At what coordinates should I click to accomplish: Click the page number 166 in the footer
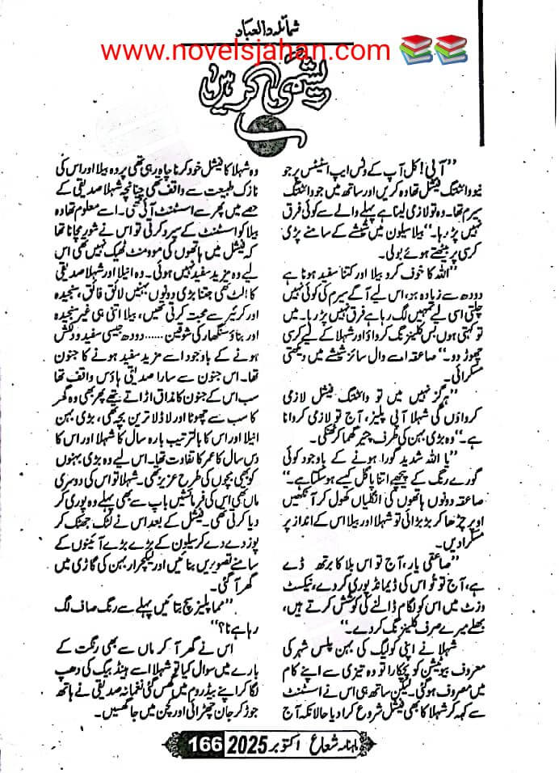point(200,740)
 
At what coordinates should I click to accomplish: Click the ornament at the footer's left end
point(174,741)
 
